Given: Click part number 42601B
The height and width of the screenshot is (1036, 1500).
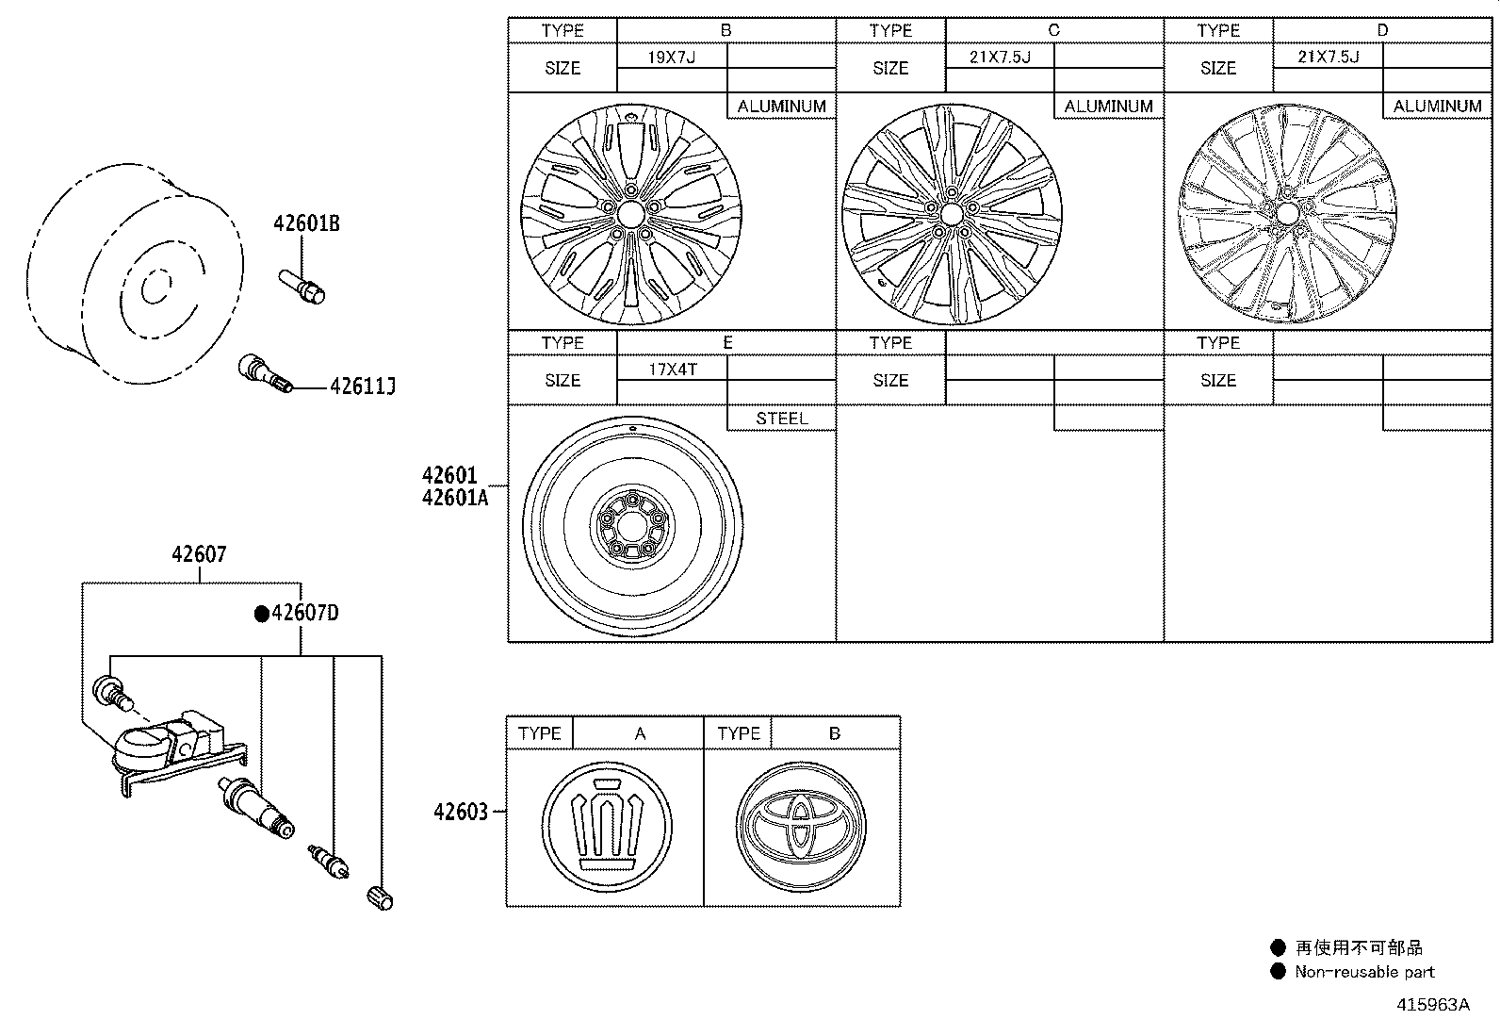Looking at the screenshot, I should [x=306, y=224].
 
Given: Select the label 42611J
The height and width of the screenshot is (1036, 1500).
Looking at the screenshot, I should [x=362, y=386].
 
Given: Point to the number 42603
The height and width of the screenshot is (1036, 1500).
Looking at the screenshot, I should [x=461, y=812].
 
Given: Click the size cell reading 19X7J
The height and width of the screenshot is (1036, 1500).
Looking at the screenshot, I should [x=671, y=57].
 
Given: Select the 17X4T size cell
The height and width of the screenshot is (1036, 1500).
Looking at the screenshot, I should [x=672, y=369].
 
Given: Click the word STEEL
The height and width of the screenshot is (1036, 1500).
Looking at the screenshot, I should [x=781, y=418].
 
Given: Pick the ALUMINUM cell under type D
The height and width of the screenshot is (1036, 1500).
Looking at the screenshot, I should [x=1437, y=107].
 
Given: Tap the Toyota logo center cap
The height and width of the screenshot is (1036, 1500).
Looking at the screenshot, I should [x=801, y=827].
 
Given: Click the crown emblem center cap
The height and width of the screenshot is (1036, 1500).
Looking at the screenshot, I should [x=607, y=826].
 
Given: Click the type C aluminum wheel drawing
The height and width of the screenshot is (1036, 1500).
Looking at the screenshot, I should [x=952, y=214].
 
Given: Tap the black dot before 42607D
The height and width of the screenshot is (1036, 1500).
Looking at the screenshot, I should [x=261, y=614].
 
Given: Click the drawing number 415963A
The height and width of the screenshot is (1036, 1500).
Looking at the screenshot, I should [x=1432, y=1005].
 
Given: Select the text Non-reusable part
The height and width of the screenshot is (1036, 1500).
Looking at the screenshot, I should [x=1363, y=972].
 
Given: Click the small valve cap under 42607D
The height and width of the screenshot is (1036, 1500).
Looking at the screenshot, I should [x=380, y=898].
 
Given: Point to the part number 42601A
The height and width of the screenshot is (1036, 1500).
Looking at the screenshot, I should [x=455, y=498].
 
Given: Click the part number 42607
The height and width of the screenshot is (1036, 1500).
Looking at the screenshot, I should [x=199, y=555].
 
